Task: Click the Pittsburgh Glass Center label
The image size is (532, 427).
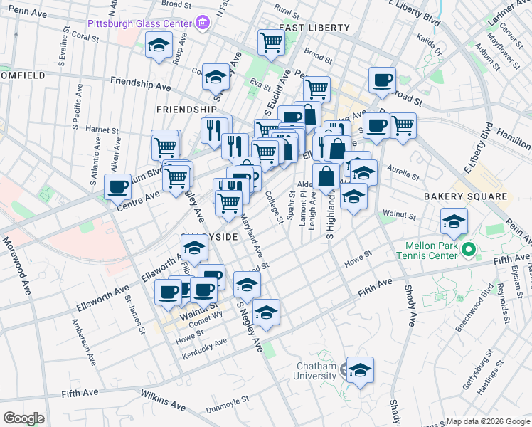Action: (x=139, y=23)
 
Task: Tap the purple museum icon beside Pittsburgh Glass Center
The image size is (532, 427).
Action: (x=204, y=23)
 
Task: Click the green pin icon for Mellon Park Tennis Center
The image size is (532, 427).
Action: (x=467, y=250)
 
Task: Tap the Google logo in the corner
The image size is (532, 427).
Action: (x=23, y=418)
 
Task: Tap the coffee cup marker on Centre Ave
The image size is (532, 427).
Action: (x=118, y=188)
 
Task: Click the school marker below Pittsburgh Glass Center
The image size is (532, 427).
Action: (x=159, y=46)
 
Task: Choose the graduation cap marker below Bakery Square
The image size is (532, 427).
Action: (x=453, y=221)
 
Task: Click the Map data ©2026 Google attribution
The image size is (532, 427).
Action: (x=487, y=421)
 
